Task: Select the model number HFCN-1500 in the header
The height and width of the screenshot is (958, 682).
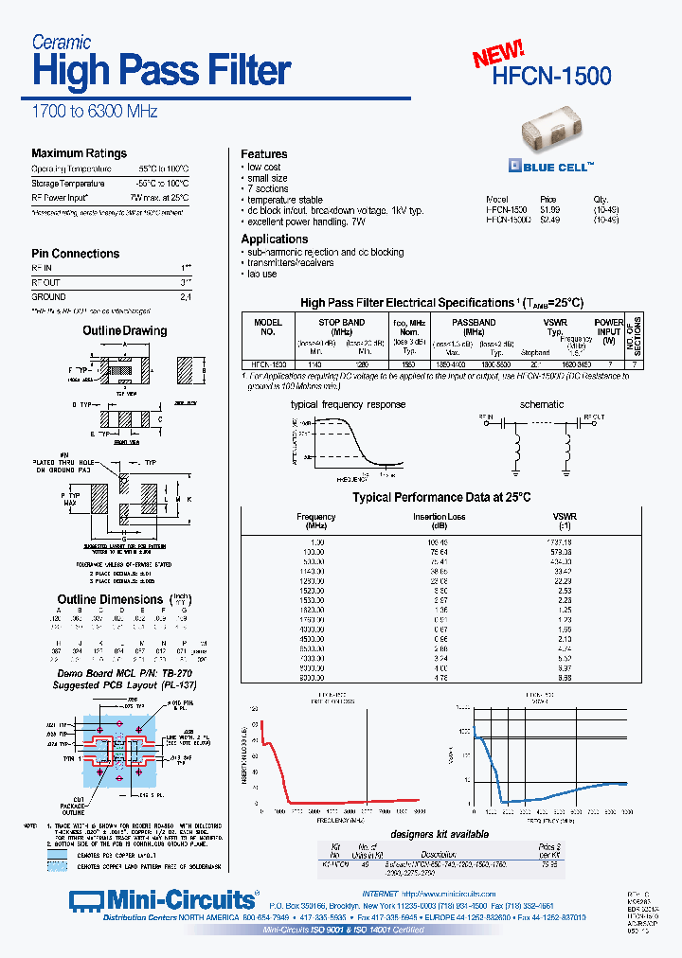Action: click(x=552, y=76)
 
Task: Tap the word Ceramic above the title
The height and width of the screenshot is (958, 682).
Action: click(x=62, y=42)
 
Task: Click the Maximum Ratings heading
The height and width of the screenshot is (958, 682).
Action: click(x=79, y=153)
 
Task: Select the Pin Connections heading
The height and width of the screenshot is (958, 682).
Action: click(x=75, y=254)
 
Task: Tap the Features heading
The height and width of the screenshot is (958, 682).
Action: click(x=263, y=153)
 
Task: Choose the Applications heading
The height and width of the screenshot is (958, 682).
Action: click(x=274, y=239)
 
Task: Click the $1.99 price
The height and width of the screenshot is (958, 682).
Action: click(x=549, y=209)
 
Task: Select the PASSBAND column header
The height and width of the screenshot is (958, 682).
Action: click(x=473, y=322)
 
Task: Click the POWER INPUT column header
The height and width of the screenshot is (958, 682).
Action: click(x=609, y=328)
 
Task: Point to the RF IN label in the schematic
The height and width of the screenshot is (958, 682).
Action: click(x=486, y=417)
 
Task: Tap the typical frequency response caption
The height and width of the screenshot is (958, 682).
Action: click(x=348, y=404)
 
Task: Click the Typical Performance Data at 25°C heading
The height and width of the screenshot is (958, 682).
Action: click(x=441, y=497)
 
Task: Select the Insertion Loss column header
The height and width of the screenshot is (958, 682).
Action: click(x=439, y=518)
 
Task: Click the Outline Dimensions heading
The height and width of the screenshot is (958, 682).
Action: click(x=110, y=599)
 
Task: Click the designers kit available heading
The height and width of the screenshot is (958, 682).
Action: click(x=440, y=834)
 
